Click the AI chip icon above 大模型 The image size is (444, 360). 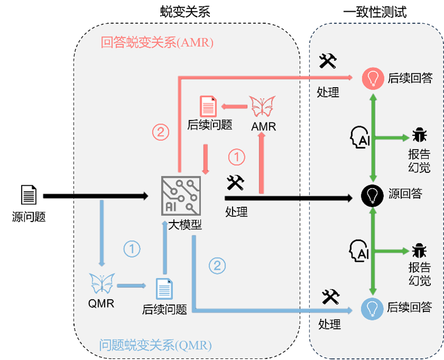pos(181,195)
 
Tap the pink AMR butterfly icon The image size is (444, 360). pos(262,107)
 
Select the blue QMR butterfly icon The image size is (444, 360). pos(102,284)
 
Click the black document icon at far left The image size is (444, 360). pos(29,195)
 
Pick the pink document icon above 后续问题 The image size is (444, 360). pos(208,106)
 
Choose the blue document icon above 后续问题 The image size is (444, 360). pos(164,289)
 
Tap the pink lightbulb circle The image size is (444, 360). pos(373,78)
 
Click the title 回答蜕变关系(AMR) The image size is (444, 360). pos(157,43)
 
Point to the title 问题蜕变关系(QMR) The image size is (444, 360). pos(155,346)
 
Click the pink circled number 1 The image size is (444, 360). pos(236,157)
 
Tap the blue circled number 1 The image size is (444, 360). pos(132,249)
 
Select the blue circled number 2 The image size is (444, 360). pos(217,265)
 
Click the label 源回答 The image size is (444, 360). pos(406,194)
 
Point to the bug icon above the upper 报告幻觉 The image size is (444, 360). pos(419,135)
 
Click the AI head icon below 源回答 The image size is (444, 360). pos(359,252)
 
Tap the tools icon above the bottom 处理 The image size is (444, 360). pos(331,297)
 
